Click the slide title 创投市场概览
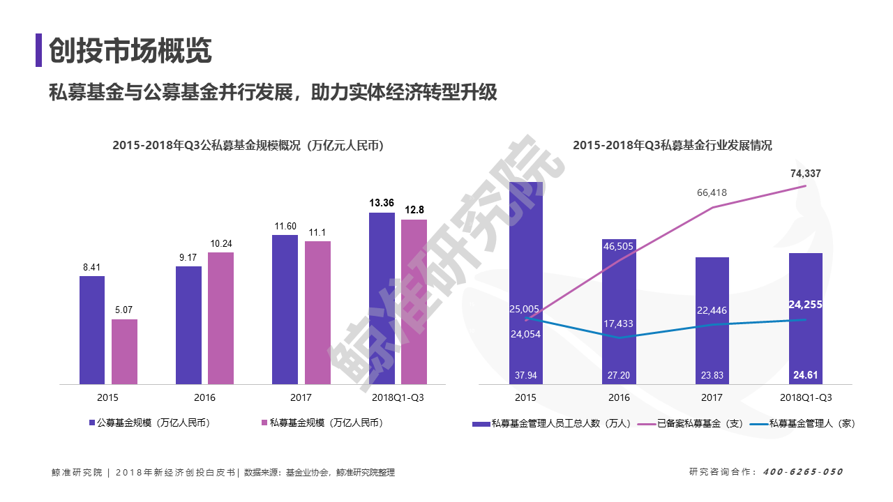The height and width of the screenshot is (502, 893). coord(130,50)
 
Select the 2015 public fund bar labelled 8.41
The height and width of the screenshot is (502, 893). coord(92,330)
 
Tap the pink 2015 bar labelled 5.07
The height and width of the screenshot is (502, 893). coord(124,352)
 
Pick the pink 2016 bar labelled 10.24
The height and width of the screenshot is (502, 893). coord(221,319)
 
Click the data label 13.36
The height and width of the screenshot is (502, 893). coord(382,203)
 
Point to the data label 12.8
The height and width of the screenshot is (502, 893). coord(414,210)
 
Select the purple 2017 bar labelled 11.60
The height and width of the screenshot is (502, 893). coord(285,310)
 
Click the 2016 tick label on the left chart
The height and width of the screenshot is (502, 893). coord(204,397)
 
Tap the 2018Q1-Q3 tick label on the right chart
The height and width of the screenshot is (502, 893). coord(806,397)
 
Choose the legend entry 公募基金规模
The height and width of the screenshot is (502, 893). coord(150,423)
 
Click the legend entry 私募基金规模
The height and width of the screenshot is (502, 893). coord(322,423)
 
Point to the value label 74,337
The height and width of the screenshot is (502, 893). coord(806,174)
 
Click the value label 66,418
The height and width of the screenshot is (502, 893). coord(712,193)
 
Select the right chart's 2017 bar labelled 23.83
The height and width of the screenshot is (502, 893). coord(712,321)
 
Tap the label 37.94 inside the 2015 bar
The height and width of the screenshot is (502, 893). coord(526,375)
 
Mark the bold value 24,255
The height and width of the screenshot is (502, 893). coord(805,305)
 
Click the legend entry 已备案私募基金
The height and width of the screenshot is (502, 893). coord(691,423)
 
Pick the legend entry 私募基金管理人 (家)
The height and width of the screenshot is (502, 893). coord(802,423)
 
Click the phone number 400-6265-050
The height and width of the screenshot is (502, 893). coord(803,472)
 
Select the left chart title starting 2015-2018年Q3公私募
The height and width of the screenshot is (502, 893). coord(248,146)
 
